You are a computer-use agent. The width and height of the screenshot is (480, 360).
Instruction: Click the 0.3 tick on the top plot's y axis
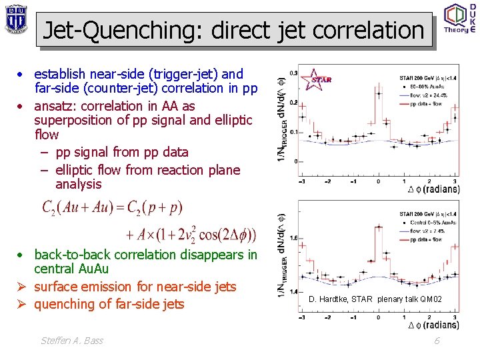coord(293,73)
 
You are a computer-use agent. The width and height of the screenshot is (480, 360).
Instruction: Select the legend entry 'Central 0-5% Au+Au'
coord(427,222)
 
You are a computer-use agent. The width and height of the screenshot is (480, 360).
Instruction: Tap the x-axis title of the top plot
coord(433,189)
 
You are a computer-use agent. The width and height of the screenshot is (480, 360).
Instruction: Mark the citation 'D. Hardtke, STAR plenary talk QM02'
coord(375,299)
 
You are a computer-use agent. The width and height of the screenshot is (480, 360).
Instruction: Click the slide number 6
coord(437,341)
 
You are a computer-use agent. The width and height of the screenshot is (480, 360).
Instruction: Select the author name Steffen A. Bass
coord(72,341)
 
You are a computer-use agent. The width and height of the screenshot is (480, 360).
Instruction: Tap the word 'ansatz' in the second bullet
coord(54,106)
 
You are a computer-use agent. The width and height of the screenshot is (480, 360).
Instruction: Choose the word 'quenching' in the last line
coord(63,304)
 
